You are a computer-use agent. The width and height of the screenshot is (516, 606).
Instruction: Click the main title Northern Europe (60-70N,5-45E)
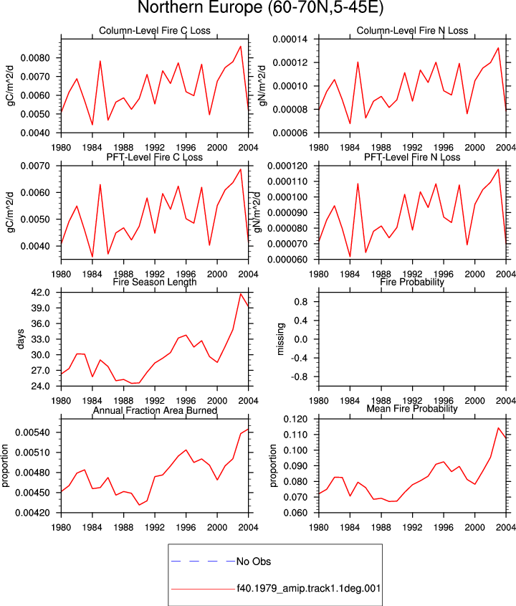click(x=261, y=8)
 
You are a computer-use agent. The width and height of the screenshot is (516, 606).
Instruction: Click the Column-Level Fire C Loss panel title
click(x=155, y=31)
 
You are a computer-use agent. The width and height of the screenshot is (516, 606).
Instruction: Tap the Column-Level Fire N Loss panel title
click(x=412, y=31)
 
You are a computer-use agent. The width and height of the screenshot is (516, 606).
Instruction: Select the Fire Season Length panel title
click(x=155, y=282)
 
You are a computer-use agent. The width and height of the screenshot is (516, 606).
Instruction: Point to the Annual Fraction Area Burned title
click(x=155, y=410)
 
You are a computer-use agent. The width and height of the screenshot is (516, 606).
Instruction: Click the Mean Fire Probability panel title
click(x=412, y=409)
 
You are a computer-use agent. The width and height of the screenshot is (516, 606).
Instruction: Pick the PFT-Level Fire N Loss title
click(x=412, y=157)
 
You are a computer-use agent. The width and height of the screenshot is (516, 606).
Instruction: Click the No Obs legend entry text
click(x=254, y=561)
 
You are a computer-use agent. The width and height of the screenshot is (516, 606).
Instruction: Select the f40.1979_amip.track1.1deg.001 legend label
click(x=309, y=588)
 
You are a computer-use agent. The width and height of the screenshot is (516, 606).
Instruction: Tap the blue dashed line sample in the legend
click(x=203, y=561)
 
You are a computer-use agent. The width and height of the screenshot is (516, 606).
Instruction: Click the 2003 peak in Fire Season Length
click(x=241, y=294)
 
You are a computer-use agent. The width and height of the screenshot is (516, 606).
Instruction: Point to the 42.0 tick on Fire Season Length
click(x=41, y=293)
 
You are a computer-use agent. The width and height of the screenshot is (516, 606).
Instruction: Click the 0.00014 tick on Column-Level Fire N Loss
click(x=290, y=39)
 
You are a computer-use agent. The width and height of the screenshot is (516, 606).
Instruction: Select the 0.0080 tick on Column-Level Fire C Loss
click(x=35, y=58)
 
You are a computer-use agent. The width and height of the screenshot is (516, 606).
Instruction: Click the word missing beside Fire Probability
click(x=280, y=339)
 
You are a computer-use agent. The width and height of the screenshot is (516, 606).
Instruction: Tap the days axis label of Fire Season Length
click(x=20, y=339)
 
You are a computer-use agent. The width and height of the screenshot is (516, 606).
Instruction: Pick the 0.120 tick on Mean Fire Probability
click(x=295, y=420)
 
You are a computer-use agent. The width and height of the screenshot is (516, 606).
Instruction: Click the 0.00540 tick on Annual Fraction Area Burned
click(x=33, y=432)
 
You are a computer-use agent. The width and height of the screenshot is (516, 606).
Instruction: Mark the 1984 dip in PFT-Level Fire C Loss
click(x=92, y=257)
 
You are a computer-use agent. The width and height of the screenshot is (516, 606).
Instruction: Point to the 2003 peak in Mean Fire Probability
click(x=498, y=428)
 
